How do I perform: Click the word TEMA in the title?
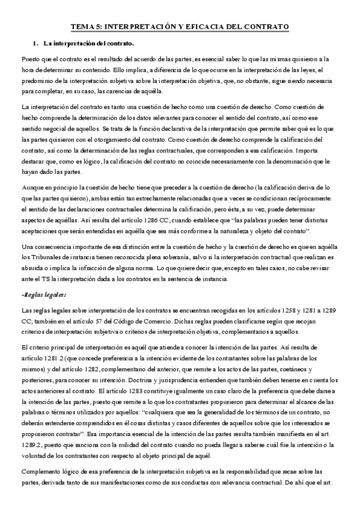pos(81,27)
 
